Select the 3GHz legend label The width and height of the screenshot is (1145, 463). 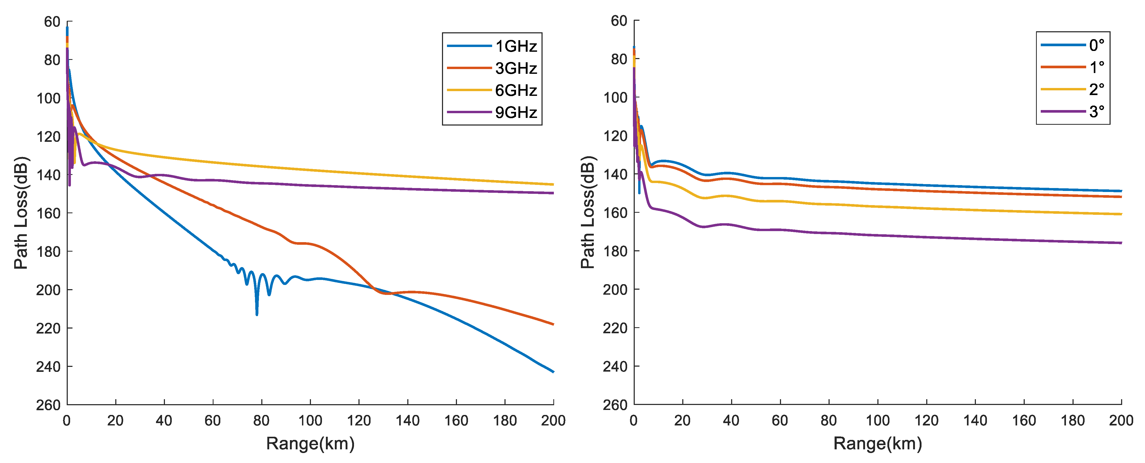516,68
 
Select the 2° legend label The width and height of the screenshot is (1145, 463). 1096,89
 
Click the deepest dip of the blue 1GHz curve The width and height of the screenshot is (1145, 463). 257,314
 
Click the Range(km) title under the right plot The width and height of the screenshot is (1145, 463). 877,444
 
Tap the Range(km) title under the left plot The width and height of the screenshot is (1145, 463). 310,444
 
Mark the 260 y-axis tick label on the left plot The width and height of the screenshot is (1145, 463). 48,405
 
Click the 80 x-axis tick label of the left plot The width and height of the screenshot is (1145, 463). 261,420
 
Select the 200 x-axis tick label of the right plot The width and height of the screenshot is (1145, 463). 1121,420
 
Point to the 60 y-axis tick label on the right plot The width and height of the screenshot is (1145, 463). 619,21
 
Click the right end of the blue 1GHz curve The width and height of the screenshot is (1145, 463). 553,371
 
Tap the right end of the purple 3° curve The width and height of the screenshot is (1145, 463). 1121,243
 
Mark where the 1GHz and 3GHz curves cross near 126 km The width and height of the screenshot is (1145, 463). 372,288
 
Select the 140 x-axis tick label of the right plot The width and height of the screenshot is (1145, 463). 975,420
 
